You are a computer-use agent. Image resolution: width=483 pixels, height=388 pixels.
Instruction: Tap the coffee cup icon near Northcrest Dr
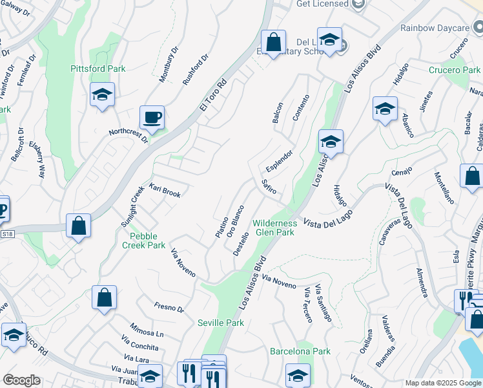coord(152,118)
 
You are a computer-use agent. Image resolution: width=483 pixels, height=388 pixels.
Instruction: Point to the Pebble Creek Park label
coord(144,241)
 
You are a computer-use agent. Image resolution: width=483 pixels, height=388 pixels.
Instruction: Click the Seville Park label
coord(221,323)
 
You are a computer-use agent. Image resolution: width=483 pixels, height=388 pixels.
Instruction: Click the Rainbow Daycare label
coord(434,28)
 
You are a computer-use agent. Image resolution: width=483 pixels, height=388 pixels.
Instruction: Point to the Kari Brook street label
coord(165,190)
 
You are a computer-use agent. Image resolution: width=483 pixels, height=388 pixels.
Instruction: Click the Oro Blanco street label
coord(235,221)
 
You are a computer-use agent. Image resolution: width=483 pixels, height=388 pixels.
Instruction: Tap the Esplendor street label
coord(279,161)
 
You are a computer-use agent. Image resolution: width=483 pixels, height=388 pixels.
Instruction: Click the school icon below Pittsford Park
coord(102,95)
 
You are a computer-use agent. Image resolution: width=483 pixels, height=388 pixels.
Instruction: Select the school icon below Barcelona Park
coord(298,375)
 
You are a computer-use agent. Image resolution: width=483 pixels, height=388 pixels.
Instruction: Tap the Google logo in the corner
coord(21,380)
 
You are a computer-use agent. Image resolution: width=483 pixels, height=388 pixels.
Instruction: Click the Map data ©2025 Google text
coord(443,383)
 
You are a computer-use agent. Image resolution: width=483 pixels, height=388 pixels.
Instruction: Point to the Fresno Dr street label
coord(169,308)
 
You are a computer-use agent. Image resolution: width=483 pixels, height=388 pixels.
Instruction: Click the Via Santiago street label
coord(323,306)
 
